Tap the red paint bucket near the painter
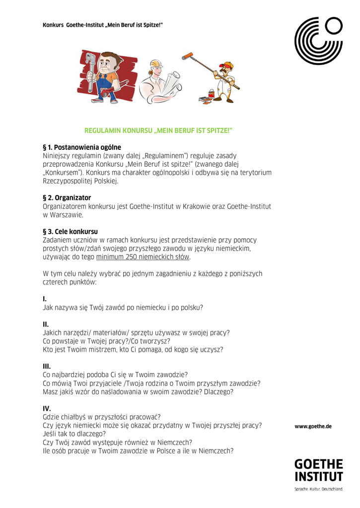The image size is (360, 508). click(x=211, y=93)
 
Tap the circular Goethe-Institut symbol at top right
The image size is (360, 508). click(x=318, y=41)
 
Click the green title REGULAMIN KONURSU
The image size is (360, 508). click(x=158, y=130)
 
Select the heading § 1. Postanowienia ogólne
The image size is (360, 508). click(x=82, y=147)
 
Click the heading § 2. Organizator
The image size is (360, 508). click(x=67, y=198)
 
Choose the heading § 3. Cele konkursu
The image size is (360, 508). click(x=71, y=232)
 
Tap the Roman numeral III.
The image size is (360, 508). click(x=47, y=366)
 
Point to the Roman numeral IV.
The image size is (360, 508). click(x=47, y=408)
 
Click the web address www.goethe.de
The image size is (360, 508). click(x=313, y=427)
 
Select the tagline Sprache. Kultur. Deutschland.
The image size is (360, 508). click(x=318, y=489)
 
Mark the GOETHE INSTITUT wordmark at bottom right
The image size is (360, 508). click(x=318, y=470)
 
